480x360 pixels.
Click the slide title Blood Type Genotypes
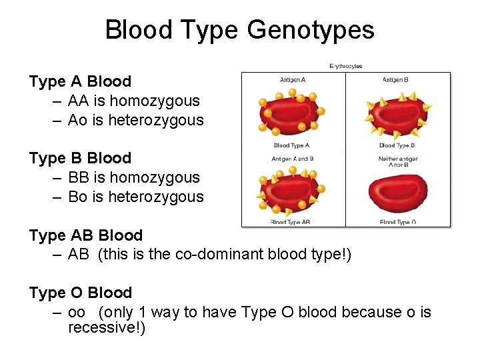point(239,30)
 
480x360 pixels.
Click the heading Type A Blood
point(80,82)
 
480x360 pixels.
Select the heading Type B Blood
point(80,159)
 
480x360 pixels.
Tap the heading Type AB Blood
point(85,236)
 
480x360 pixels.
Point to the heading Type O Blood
point(80,293)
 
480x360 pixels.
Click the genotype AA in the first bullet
point(79,101)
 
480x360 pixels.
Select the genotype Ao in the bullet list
point(79,121)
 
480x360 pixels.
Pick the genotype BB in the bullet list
point(79,178)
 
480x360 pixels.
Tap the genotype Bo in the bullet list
point(79,197)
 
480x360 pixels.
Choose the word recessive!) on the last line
point(107,329)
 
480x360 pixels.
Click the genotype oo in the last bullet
point(77,312)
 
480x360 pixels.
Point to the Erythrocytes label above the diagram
point(346,66)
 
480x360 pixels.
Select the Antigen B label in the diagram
point(395,80)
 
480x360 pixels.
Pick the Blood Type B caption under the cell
point(397,145)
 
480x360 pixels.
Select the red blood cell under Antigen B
point(397,113)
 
